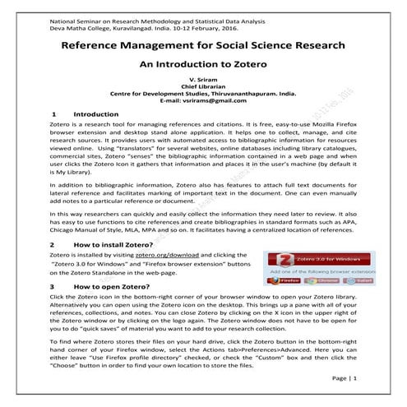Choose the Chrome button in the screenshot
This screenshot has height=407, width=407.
tap(323, 281)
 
